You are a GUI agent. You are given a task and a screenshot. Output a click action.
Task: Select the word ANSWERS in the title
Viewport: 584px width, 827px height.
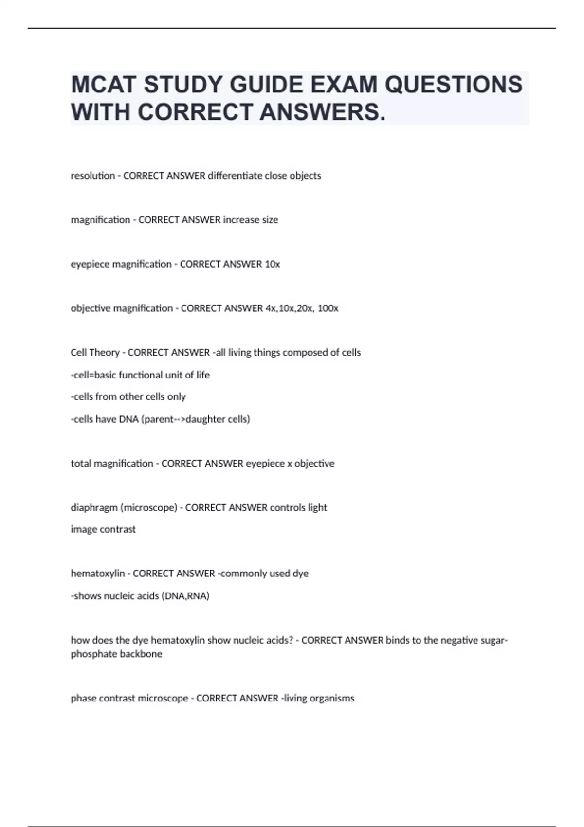pos(322,112)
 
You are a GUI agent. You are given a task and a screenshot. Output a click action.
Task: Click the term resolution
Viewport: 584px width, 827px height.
pos(92,176)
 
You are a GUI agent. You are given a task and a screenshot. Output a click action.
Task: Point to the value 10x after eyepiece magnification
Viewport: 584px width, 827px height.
pos(272,264)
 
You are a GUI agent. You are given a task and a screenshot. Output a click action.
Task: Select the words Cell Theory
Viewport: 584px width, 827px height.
pos(95,353)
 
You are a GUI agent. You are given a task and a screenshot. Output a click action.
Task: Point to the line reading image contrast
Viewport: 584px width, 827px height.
pos(103,529)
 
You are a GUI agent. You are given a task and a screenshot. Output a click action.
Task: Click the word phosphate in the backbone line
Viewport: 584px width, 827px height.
pos(92,654)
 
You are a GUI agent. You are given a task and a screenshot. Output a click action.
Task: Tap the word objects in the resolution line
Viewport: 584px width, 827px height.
pos(305,176)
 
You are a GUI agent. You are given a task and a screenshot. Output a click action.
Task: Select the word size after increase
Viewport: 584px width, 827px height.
pos(270,220)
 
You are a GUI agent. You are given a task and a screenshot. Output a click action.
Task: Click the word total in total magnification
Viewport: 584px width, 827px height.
pos(81,464)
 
